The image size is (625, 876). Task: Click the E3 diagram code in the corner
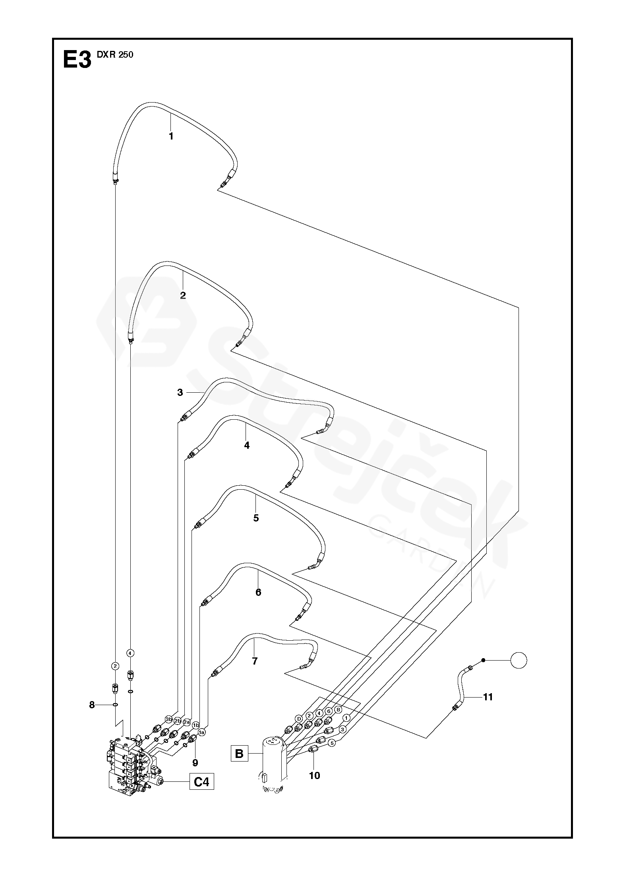pyautogui.click(x=77, y=60)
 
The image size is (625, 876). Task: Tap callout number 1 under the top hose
pyautogui.click(x=171, y=136)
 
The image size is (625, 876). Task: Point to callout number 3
pyautogui.click(x=180, y=393)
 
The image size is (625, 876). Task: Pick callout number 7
pyautogui.click(x=255, y=661)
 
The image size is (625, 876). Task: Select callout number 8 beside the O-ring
pyautogui.click(x=92, y=705)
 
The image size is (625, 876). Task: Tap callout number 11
pyautogui.click(x=488, y=697)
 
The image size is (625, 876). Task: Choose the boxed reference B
pyautogui.click(x=239, y=754)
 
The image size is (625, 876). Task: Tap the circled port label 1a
pyautogui.click(x=201, y=732)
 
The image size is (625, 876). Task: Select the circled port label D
pyautogui.click(x=299, y=718)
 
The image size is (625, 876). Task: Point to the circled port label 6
pyautogui.click(x=329, y=711)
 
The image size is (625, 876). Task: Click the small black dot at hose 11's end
pyautogui.click(x=483, y=660)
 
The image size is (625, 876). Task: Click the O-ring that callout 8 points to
pyautogui.click(x=115, y=705)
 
